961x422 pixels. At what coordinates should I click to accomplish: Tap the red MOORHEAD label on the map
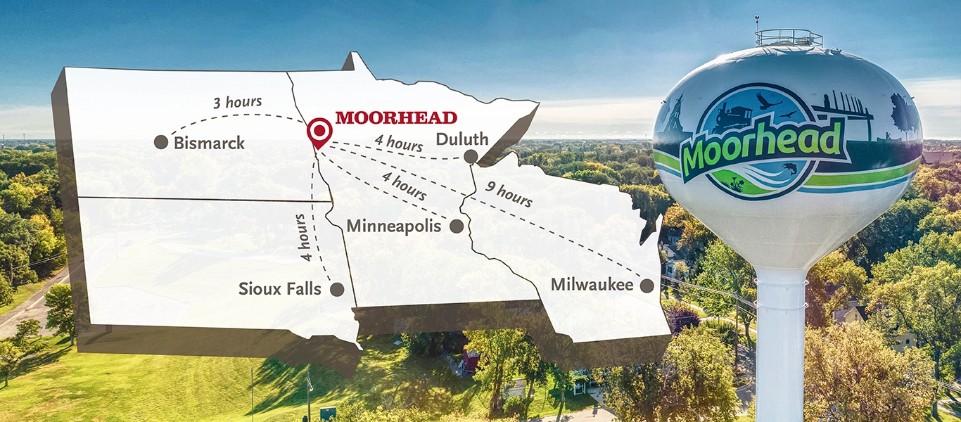click(396, 117)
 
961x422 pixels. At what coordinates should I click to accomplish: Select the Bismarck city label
click(209, 143)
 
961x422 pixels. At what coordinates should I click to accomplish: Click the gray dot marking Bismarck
click(161, 142)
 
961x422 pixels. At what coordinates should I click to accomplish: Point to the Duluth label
click(462, 139)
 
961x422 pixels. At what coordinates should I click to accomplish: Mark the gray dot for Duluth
click(471, 156)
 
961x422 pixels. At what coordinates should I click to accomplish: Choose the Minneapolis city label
click(394, 226)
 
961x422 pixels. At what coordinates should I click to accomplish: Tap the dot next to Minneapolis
click(456, 226)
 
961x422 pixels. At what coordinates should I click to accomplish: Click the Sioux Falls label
click(279, 288)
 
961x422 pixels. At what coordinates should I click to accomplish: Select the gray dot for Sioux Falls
click(337, 288)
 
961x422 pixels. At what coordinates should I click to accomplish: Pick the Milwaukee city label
click(592, 285)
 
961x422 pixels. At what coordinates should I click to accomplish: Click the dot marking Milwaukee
click(647, 285)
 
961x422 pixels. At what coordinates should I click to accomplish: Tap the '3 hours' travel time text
click(237, 103)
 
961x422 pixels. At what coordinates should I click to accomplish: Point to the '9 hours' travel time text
click(509, 195)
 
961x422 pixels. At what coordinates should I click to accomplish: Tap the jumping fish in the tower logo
click(789, 169)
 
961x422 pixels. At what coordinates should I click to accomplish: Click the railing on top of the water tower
click(789, 37)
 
